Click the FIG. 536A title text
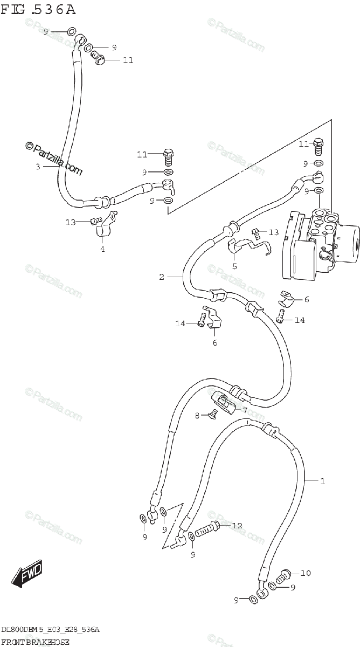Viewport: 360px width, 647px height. pos(38,9)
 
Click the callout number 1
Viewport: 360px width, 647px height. pos(322,481)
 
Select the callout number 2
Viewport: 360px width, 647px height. pos(161,277)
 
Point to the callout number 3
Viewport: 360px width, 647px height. pos(38,167)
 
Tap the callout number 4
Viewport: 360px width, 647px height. pos(102,249)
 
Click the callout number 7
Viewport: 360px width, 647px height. pos(244,410)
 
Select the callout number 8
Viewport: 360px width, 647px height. pos(197,415)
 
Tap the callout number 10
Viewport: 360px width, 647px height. pos(306,573)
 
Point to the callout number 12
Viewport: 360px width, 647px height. pos(237,525)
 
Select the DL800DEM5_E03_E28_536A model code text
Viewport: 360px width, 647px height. pos(50,630)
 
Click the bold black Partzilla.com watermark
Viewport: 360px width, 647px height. pos(54,159)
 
